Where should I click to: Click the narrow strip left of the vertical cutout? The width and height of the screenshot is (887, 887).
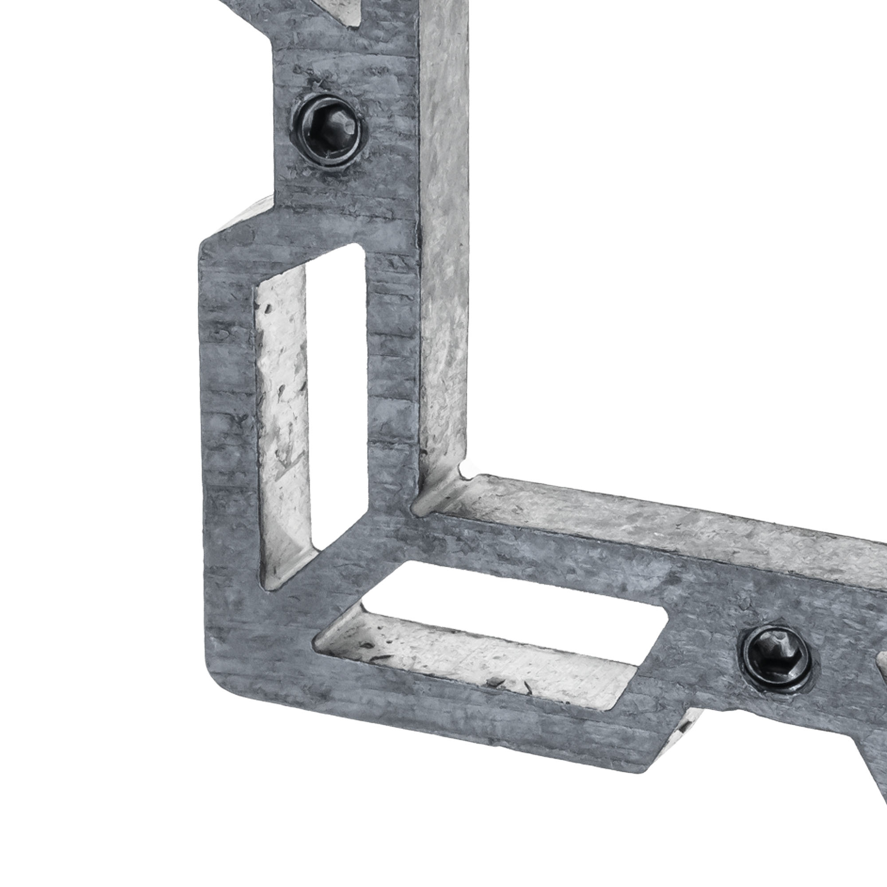pos(227,413)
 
